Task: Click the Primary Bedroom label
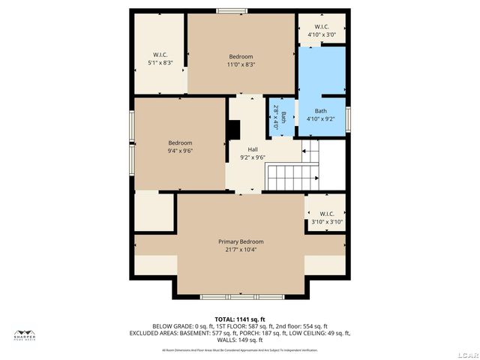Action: pyautogui.click(x=241, y=241)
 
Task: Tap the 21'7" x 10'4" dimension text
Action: pyautogui.click(x=241, y=250)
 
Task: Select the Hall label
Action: pyautogui.click(x=253, y=149)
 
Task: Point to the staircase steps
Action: pyautogui.click(x=293, y=178)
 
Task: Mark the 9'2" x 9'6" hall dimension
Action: pyautogui.click(x=253, y=157)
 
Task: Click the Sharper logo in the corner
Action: pyautogui.click(x=25, y=336)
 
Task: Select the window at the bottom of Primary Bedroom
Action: pyautogui.click(x=241, y=297)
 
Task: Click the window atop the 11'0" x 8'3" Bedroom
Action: pyautogui.click(x=232, y=11)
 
